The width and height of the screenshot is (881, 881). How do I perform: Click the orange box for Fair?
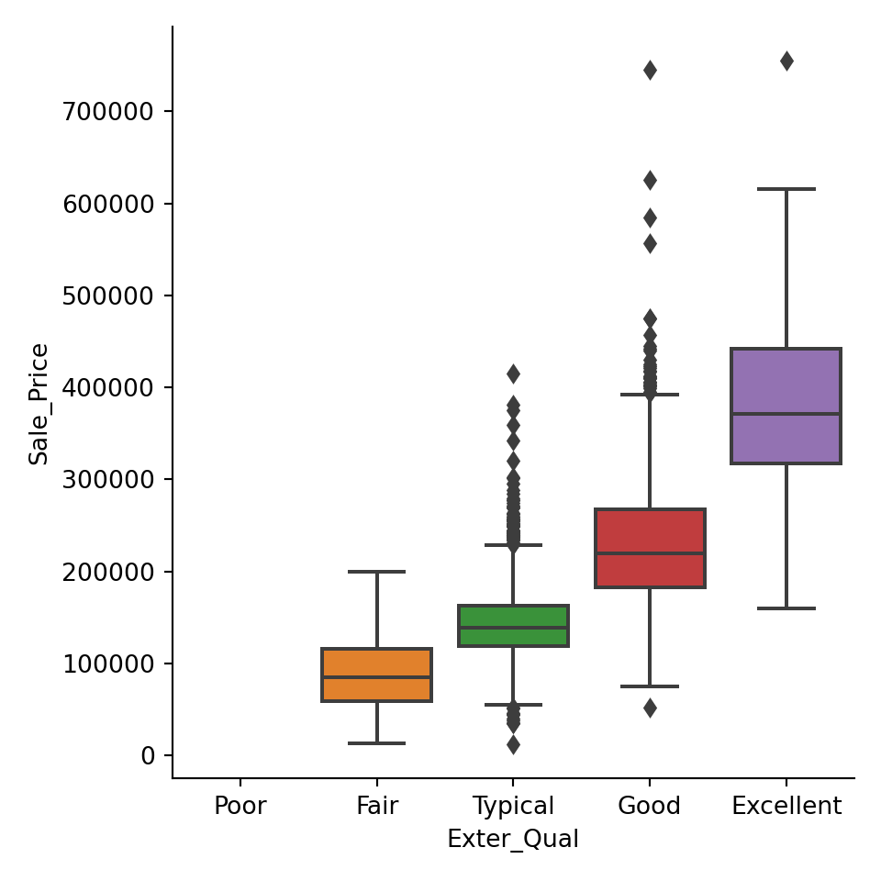coord(376,675)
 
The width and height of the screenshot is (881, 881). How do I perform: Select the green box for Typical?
coord(513,626)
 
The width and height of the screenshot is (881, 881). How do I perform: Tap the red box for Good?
coord(650,548)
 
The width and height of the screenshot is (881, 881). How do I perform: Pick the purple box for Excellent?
coord(786,406)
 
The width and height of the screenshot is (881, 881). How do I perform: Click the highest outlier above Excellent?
coord(786,61)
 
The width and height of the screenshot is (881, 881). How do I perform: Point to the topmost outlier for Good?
coord(650,71)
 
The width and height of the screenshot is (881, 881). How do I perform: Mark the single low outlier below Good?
coord(650,708)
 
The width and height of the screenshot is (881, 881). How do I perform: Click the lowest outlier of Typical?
coord(513,744)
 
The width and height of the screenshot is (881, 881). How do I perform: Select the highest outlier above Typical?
coord(513,374)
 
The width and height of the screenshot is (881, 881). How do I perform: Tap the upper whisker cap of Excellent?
coord(786,189)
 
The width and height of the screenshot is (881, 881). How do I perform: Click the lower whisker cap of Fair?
coord(376,742)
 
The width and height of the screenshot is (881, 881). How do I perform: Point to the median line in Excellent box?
coord(786,414)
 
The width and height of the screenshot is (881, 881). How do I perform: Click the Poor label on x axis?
coord(240,807)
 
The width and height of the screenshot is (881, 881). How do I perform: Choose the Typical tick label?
coord(513,807)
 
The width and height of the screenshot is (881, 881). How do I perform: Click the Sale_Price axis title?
coord(39,404)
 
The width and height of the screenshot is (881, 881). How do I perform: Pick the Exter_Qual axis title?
coord(513,840)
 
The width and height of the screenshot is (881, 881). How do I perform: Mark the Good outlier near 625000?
coord(650,180)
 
